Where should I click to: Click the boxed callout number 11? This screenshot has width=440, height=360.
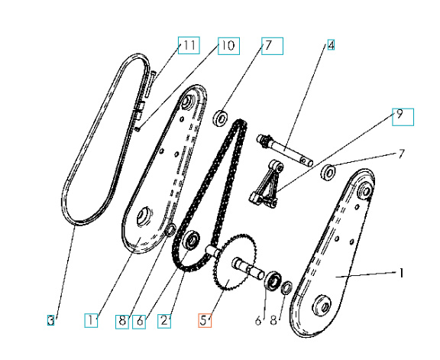[x=189, y=47]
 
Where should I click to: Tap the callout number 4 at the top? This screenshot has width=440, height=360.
[x=331, y=45]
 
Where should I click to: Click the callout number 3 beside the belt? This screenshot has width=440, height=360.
[x=50, y=321]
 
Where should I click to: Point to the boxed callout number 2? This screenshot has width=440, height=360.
[x=164, y=321]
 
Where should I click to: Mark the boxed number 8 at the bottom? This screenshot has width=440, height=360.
[x=122, y=321]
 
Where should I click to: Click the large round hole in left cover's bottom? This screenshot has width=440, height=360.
[x=143, y=220]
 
